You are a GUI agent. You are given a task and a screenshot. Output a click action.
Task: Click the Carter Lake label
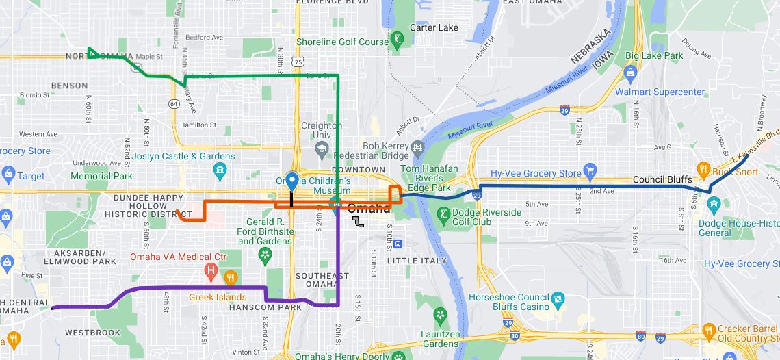[433, 27]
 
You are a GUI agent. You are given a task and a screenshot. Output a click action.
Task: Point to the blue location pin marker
[292, 181]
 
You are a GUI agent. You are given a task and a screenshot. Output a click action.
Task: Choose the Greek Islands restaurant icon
[231, 278]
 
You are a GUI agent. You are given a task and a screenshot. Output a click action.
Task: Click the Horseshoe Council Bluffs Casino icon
[558, 298]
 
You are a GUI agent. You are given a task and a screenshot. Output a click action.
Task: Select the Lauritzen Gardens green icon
[441, 316]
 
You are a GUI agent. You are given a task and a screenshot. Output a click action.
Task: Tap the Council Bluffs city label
[662, 179]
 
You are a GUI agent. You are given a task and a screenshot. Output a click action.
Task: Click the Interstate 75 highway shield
[297, 62]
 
